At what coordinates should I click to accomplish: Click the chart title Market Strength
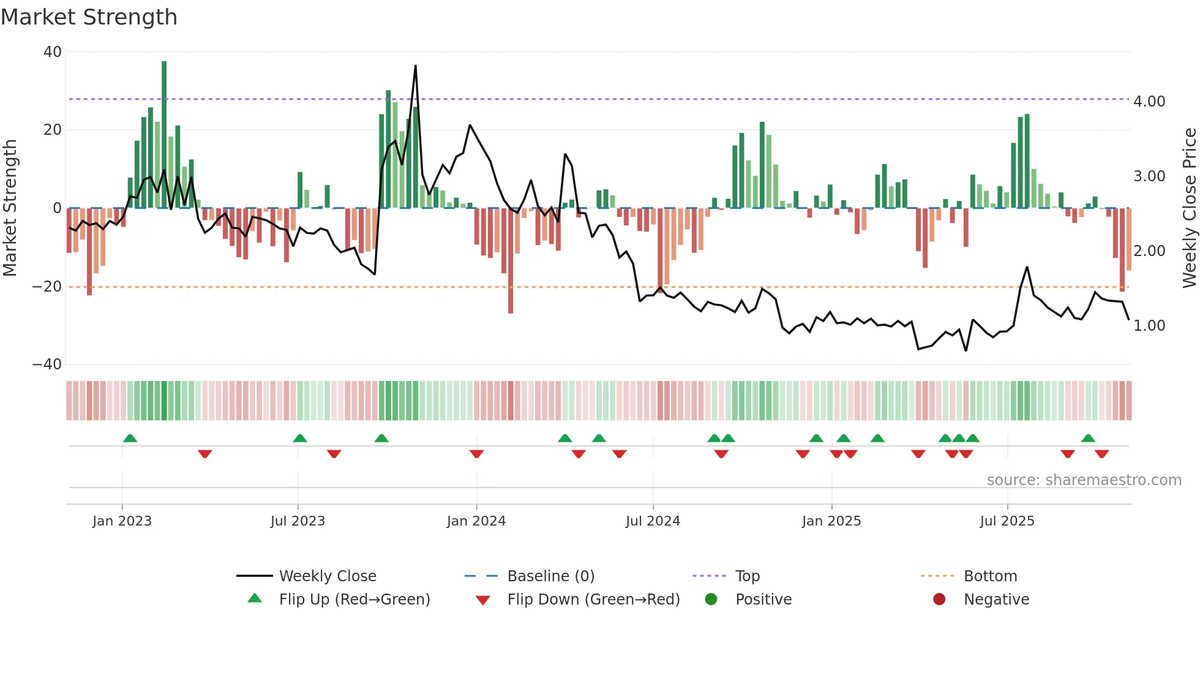[x=89, y=17]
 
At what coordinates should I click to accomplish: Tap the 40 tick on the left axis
[x=53, y=52]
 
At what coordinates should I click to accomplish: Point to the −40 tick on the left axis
[x=47, y=364]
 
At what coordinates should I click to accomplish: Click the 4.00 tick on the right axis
[x=1149, y=102]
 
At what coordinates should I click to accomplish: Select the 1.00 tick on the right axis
[x=1149, y=326]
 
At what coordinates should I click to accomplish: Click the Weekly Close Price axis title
[x=1189, y=208]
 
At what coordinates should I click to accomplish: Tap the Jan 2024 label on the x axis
[x=476, y=521]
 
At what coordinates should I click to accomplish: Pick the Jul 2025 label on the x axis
[x=1007, y=521]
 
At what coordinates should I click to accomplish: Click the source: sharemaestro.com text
[x=1084, y=480]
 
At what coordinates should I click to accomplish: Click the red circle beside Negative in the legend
[x=939, y=600]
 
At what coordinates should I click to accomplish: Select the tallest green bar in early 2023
[x=164, y=135]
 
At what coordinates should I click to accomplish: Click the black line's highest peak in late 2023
[x=416, y=66]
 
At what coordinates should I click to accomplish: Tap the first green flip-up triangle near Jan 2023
[x=130, y=438]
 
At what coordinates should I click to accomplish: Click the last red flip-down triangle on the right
[x=1102, y=454]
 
